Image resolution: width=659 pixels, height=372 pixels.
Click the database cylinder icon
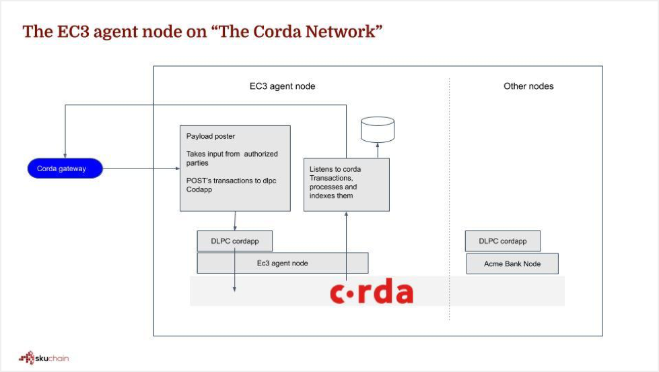[x=377, y=129]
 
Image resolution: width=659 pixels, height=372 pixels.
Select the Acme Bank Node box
[x=512, y=263]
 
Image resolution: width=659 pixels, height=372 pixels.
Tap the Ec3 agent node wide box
[x=282, y=263]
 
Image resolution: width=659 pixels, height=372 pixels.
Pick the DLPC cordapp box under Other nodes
[x=502, y=241]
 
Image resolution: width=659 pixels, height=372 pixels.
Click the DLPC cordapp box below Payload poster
[x=234, y=241]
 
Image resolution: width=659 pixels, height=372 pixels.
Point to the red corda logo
[x=371, y=292]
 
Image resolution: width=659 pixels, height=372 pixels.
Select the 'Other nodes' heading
[x=528, y=86]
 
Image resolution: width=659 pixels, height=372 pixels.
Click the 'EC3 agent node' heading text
[x=278, y=86]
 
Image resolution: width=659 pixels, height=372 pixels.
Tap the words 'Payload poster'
[x=211, y=136]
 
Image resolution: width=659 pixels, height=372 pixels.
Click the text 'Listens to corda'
[x=335, y=168]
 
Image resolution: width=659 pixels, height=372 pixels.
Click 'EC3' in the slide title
[x=67, y=32]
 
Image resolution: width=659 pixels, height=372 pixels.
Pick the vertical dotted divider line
[x=450, y=202]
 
